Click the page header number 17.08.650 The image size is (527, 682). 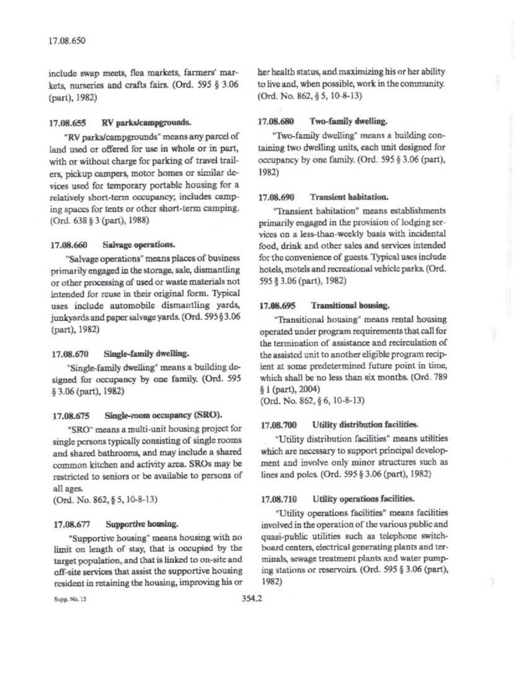[x=67, y=41]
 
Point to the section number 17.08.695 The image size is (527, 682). [x=276, y=306]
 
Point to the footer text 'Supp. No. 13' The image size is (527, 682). [x=68, y=600]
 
